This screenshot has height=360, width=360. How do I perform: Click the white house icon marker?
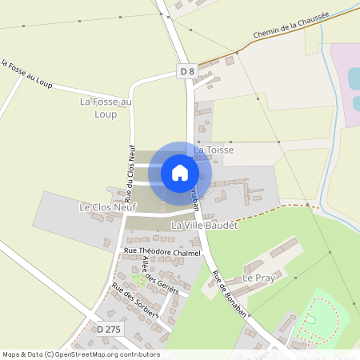[180, 173]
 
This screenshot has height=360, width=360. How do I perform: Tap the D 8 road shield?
[187, 72]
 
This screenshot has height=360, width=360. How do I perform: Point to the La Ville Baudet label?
[206, 226]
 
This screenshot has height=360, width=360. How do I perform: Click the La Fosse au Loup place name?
[105, 108]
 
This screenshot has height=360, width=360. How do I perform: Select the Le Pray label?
[258, 278]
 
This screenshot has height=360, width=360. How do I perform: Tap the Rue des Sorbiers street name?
[135, 301]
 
